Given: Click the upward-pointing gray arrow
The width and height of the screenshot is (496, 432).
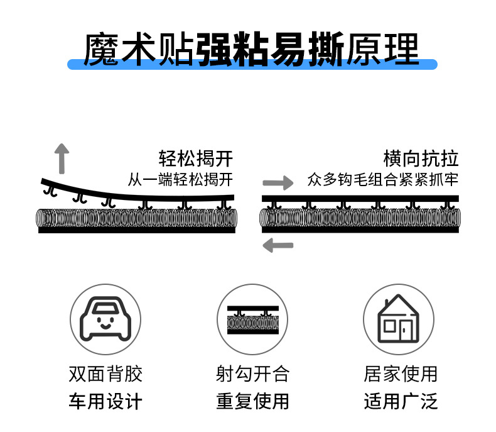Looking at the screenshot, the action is [x=62, y=158].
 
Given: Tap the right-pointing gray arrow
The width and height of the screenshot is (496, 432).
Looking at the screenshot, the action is [x=278, y=183].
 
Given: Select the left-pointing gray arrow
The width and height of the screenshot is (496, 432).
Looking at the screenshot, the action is [x=278, y=245].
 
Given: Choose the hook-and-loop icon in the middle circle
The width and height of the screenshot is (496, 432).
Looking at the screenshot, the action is [x=252, y=319].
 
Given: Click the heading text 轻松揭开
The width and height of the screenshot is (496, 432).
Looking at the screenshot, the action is [x=196, y=158].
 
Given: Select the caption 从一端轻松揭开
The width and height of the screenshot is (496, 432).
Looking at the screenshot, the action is [x=180, y=180].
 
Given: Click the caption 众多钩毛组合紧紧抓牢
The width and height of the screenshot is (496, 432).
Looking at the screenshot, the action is [x=382, y=180].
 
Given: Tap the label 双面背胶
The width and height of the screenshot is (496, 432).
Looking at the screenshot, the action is [x=105, y=374].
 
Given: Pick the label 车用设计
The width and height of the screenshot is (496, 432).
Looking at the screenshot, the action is [x=105, y=401].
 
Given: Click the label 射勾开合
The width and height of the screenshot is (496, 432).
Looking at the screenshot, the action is [x=252, y=374].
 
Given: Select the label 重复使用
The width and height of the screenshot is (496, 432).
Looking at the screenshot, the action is [x=252, y=401].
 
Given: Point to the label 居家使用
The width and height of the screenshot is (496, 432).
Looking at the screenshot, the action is [x=400, y=374].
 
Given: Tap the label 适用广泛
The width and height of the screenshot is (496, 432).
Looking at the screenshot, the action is [x=400, y=401].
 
